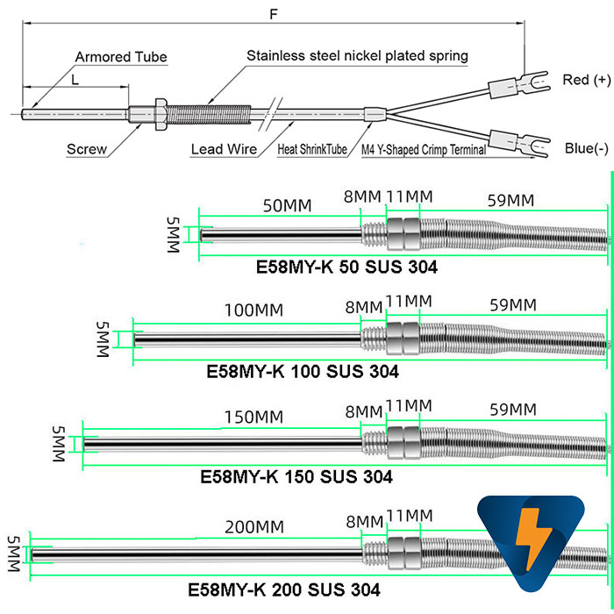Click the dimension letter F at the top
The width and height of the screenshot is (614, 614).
pos(274,15)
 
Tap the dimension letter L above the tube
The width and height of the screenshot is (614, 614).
pos(75,80)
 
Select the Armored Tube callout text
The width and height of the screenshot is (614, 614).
pos(121,57)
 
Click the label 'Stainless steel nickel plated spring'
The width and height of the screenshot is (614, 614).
pos(357,55)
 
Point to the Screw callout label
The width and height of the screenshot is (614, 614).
pos(87,149)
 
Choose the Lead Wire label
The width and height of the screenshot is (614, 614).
pos(224,149)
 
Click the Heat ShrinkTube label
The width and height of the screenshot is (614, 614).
pos(312,149)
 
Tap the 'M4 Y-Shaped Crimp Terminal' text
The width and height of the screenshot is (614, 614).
pos(424,150)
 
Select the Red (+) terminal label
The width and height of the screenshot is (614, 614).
pos(586,80)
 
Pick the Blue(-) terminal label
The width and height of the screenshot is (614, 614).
pos(587,148)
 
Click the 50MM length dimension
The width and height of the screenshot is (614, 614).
pos(287,206)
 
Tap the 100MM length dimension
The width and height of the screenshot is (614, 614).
pos(253,311)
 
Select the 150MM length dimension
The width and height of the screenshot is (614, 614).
pos(253,418)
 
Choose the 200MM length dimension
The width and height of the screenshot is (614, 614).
pos(254,527)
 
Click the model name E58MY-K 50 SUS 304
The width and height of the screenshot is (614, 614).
pos(346,267)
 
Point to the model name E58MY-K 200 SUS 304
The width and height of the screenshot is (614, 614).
pos(284,589)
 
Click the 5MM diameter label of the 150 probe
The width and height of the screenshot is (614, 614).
pos(59,444)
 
